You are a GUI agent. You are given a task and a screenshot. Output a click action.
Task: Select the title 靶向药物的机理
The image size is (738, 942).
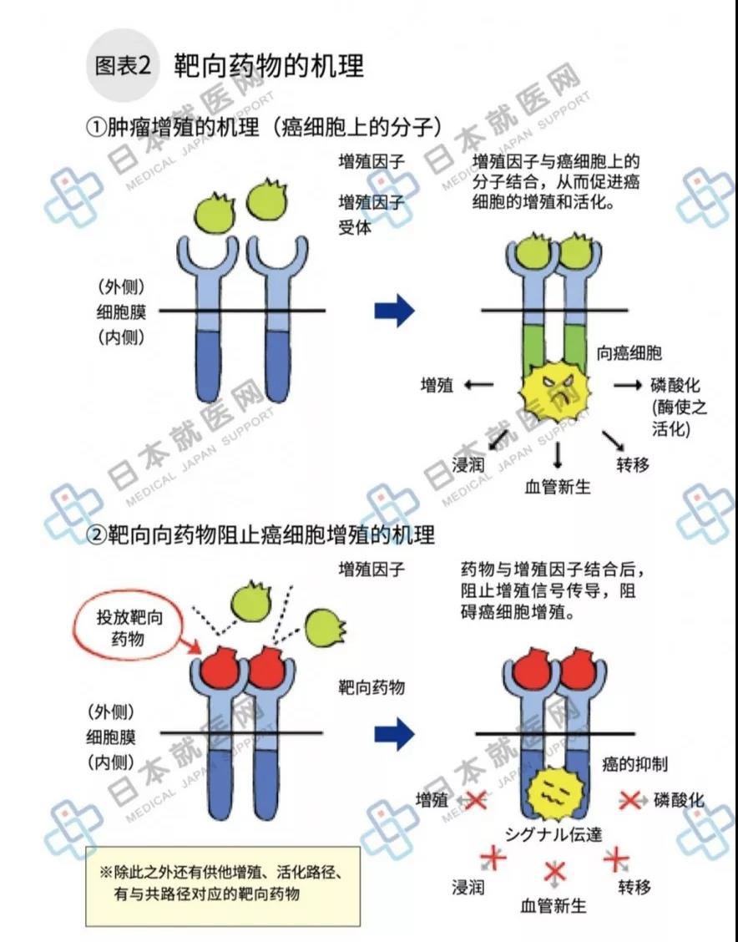click(x=269, y=65)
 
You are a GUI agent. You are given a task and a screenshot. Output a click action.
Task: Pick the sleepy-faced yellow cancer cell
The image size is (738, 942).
click(x=555, y=795)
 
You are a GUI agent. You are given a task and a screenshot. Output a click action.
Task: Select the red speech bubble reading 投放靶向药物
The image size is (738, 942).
click(x=129, y=627)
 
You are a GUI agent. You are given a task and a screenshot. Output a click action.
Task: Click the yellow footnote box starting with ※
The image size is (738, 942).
click(x=223, y=886)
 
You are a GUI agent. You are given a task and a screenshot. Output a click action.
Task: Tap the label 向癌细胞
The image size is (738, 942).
click(x=629, y=352)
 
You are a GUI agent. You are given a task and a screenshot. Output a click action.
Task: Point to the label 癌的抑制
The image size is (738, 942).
click(x=634, y=764)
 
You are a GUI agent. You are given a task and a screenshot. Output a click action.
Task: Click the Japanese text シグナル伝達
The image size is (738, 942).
click(x=553, y=834)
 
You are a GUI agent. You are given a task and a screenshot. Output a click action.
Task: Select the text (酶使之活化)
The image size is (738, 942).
click(x=680, y=418)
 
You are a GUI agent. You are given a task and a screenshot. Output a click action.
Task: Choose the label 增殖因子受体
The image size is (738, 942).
click(x=371, y=215)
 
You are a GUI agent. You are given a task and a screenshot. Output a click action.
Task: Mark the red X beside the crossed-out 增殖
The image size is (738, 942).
click(x=475, y=800)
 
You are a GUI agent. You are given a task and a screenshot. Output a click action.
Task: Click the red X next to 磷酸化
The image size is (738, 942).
click(x=629, y=800)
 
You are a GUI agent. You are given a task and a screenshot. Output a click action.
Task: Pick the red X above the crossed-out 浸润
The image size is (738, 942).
click(x=492, y=859)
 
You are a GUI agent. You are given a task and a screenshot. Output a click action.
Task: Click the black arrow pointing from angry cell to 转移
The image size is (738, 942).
click(x=613, y=441)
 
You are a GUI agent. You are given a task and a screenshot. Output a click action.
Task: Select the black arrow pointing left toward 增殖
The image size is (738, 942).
click(x=479, y=385)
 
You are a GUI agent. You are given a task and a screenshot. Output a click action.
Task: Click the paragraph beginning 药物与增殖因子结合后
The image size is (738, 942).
click(x=553, y=591)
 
